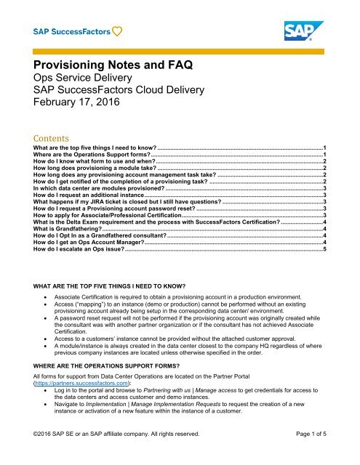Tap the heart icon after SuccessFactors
point(116,31)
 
